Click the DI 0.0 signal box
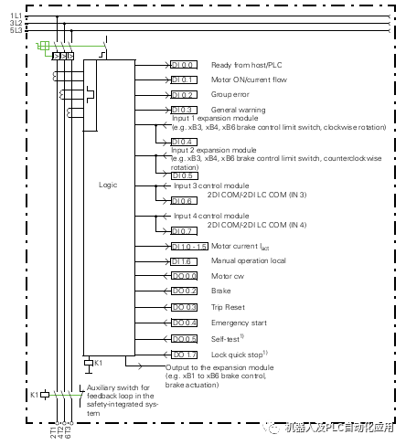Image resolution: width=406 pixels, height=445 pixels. (183, 65)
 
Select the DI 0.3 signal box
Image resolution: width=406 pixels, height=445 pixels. (183, 110)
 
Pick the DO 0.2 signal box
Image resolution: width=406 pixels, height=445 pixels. (183, 291)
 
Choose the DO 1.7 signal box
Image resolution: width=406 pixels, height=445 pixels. (183, 353)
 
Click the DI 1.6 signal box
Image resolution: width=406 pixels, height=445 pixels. (183, 260)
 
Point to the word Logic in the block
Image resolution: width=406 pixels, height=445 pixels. (108, 185)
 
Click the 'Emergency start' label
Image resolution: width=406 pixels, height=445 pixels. (238, 322)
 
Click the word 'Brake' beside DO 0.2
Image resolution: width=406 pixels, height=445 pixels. (220, 291)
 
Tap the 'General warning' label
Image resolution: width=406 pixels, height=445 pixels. (238, 110)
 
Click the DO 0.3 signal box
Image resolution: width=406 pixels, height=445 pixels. (183, 306)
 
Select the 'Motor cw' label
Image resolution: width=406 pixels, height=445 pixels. (226, 275)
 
